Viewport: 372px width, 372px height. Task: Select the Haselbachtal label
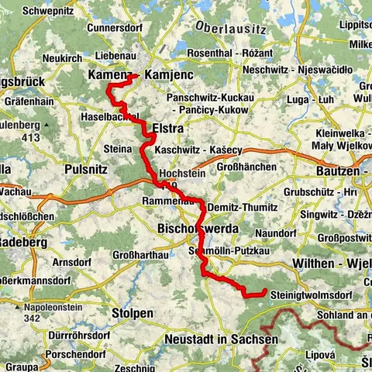[109, 117]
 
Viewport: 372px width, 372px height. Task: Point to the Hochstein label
[183, 173]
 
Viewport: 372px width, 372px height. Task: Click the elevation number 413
[31, 138]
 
